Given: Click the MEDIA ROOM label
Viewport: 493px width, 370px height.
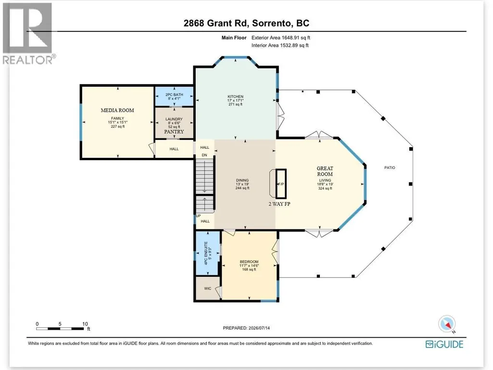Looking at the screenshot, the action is (117, 110).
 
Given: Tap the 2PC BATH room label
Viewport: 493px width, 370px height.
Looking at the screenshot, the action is (174, 94).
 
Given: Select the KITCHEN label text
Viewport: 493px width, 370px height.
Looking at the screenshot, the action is (236, 97).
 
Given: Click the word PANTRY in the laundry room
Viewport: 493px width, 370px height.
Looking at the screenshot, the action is (174, 131).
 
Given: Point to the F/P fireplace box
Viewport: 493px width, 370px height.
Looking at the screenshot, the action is (281, 184).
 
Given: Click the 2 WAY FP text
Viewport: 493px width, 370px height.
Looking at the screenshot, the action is (279, 204).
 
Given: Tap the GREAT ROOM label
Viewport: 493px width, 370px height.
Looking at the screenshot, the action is (325, 171).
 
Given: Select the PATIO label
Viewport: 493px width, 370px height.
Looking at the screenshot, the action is (390, 168).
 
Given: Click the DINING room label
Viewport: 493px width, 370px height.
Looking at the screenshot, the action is (242, 180).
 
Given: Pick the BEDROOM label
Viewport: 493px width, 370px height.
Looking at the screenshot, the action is (249, 261).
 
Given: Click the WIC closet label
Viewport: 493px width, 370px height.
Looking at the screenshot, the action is (207, 289).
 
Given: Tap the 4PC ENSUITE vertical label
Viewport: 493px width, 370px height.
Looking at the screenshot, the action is (206, 253).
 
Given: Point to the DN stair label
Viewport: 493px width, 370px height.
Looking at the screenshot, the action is (204, 155).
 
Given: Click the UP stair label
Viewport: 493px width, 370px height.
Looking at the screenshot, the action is (198, 216).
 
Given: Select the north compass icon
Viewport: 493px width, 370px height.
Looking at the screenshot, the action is (447, 324).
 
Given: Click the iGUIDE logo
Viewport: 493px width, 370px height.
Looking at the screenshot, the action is (444, 344).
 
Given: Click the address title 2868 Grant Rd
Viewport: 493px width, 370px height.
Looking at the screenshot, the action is (216, 23).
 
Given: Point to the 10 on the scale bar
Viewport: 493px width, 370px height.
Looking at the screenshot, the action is (85, 324).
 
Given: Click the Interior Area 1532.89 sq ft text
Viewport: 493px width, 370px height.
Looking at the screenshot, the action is (280, 45).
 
